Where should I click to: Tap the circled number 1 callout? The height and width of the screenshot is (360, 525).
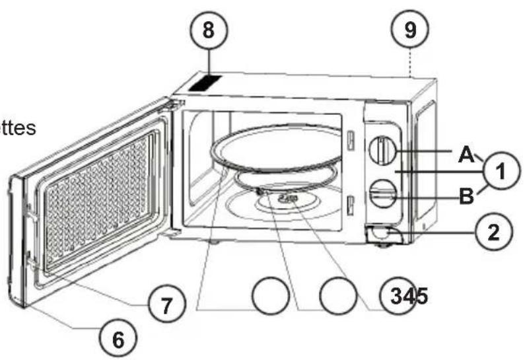coord(501,170)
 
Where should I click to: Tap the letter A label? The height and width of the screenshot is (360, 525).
coord(467,155)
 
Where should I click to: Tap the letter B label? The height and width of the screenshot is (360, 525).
coord(467,196)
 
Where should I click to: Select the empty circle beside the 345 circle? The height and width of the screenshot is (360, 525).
coord(339,295)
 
